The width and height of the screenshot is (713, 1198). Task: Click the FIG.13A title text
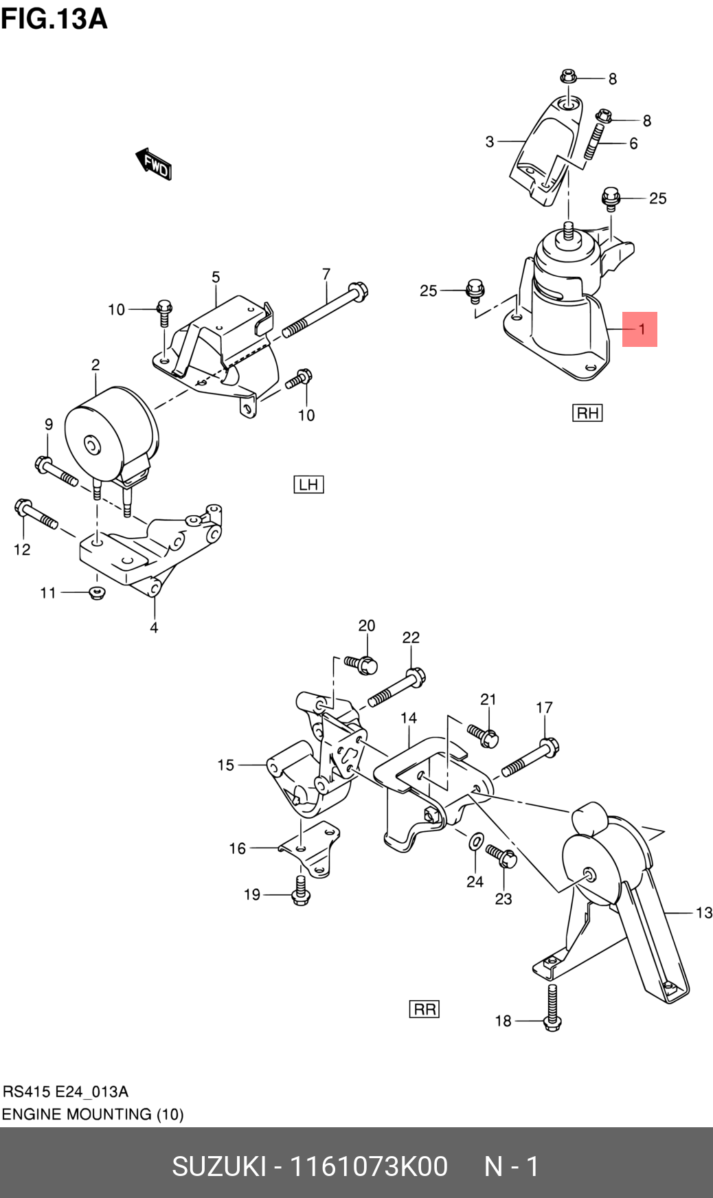pos(54,19)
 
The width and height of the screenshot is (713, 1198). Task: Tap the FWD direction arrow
pos(153,163)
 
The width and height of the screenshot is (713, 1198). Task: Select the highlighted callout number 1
pos(640,329)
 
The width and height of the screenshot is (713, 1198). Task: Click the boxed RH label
pos(587,413)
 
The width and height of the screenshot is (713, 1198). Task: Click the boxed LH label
pos(308,484)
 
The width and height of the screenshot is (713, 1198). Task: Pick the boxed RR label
pos(425,1009)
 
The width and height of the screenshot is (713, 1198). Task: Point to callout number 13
pos(703,913)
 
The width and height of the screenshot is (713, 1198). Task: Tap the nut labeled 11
pos(97,592)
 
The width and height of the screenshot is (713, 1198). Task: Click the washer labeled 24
pos(475,841)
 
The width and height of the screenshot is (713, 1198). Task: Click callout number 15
pos(225,765)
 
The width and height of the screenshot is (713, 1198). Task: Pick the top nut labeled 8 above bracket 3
pos(568,76)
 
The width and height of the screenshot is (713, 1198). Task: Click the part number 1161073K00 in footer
pos(368,1166)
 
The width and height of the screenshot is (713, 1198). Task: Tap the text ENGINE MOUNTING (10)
pos(93,1114)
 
